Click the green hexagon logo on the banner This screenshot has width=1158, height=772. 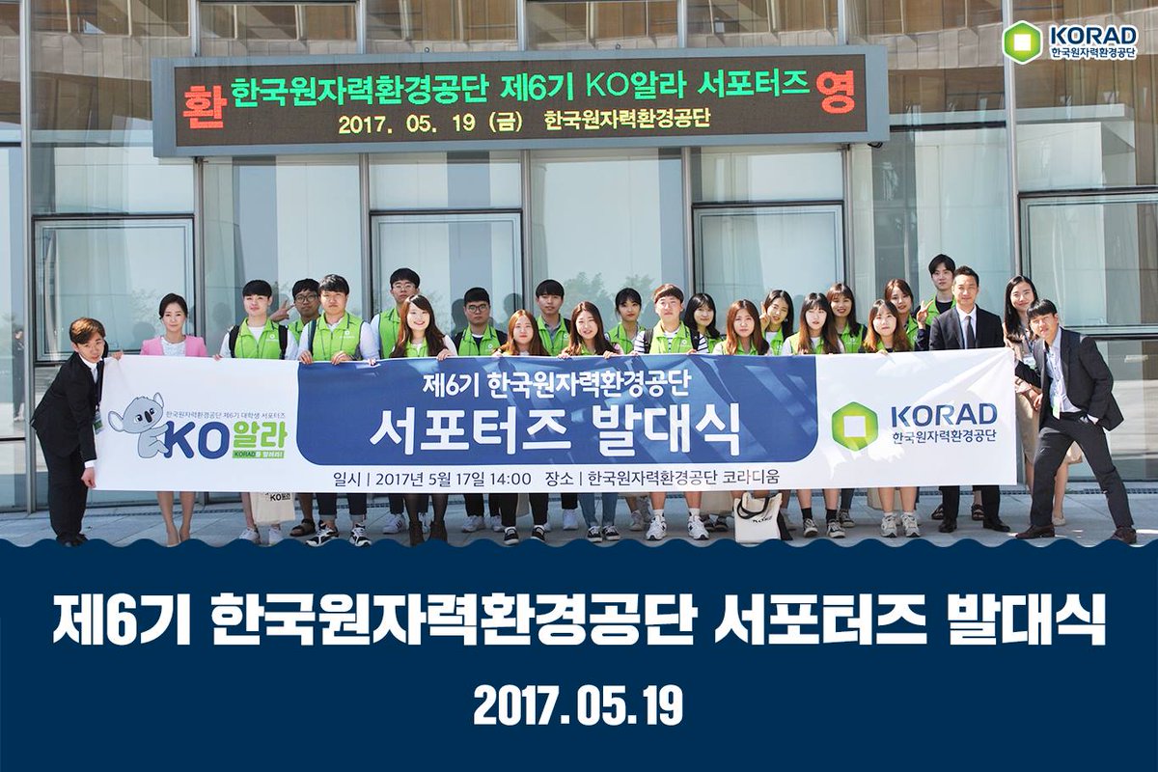click(x=854, y=427)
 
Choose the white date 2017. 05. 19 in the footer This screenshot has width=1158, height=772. click(x=578, y=706)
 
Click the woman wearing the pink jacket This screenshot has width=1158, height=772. click(x=173, y=333)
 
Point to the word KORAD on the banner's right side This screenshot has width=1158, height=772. click(x=943, y=416)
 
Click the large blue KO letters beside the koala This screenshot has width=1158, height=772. click(x=194, y=439)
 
